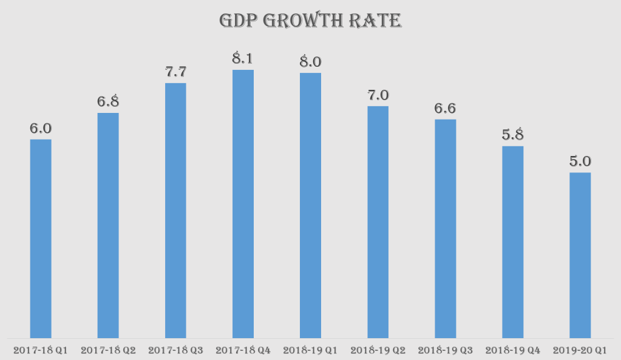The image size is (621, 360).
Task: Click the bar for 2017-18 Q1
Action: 41,238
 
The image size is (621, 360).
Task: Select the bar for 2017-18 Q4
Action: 243,203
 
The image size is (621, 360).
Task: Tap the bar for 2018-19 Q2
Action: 378,222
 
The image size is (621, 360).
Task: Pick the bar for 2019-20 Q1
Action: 580,255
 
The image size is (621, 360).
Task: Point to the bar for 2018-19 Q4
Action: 512,242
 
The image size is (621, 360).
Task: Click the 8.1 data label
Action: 243,59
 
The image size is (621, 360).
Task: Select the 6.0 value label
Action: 41,129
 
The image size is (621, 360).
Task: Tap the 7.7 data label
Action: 175,72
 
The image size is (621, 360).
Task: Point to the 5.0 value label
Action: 580,162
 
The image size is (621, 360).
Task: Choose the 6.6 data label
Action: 445,109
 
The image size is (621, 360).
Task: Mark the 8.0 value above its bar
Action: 310,62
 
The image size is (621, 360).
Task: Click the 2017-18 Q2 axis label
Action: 108,350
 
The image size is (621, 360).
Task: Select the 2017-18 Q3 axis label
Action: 175,350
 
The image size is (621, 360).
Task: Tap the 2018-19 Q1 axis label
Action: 310,350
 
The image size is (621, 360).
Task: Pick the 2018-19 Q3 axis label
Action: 445,350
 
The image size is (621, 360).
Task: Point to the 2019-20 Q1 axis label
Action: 580,350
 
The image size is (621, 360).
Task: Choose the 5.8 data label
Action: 512,135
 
